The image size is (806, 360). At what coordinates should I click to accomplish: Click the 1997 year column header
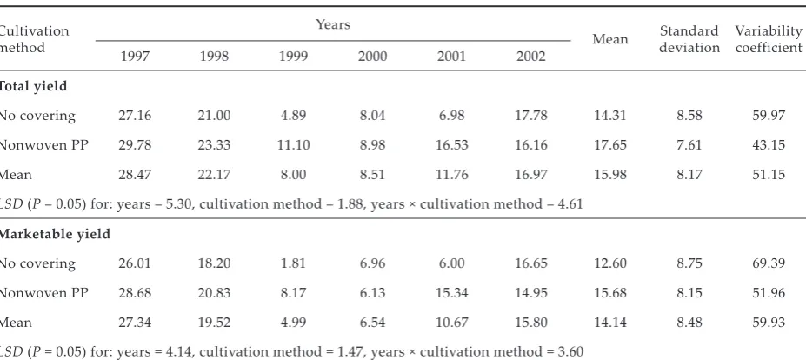(x=135, y=56)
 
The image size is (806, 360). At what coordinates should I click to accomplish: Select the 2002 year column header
(x=531, y=56)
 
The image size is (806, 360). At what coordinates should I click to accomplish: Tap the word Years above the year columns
(x=333, y=24)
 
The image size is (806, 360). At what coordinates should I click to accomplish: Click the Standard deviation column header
(x=689, y=39)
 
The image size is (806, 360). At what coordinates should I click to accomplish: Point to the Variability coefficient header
(x=769, y=39)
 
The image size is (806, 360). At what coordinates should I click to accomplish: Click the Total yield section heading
(x=32, y=86)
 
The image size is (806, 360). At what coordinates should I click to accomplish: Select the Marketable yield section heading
(x=54, y=234)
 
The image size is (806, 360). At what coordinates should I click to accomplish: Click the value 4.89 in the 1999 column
(x=293, y=115)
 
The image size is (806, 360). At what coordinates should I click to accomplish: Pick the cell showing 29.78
(x=135, y=145)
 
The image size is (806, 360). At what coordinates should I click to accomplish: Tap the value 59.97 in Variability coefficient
(x=769, y=115)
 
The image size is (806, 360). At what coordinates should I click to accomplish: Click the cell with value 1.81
(x=293, y=263)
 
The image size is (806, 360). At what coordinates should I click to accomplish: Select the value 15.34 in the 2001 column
(x=452, y=293)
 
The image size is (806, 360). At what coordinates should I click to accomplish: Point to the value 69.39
(x=769, y=263)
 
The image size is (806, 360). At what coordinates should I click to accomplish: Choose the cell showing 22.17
(x=214, y=174)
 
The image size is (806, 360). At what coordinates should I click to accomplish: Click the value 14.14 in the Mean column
(x=610, y=323)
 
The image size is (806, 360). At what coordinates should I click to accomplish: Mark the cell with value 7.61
(x=689, y=145)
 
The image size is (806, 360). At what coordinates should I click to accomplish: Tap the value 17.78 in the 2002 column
(x=531, y=115)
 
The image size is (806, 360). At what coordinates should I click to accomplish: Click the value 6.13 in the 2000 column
(x=373, y=293)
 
